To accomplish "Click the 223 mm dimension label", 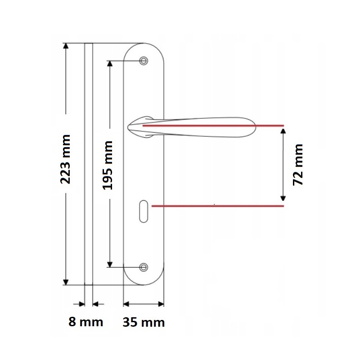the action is tap(65, 159).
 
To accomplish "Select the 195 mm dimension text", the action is tap(108, 166).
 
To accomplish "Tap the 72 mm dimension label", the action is tap(298, 165).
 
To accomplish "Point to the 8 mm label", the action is tap(85, 322).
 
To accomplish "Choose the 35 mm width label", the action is tap(144, 322).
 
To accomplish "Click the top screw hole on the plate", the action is tap(144, 61).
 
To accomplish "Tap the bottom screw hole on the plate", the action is tap(144, 267).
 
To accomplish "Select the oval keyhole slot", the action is tap(144, 211).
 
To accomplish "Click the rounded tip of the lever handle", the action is tap(254, 127).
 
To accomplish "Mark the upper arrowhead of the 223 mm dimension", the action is tap(66, 46).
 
